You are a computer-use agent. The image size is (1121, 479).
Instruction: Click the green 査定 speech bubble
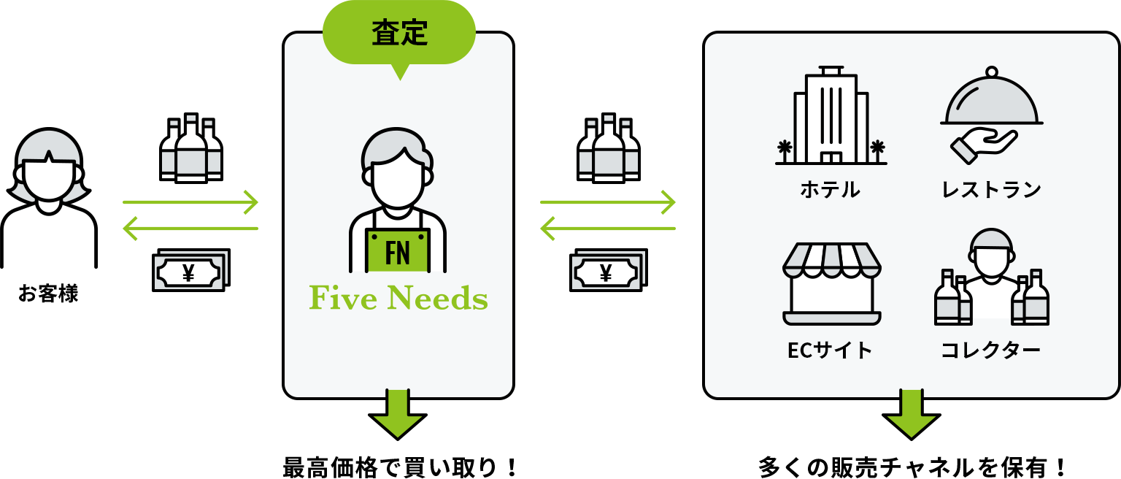pos(399,33)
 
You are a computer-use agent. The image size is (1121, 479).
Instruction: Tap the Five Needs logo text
pos(398,299)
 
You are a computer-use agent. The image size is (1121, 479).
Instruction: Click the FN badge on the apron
pos(398,253)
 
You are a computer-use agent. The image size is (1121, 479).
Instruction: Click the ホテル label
pos(831,190)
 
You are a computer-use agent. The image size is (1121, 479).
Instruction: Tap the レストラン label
pos(991,190)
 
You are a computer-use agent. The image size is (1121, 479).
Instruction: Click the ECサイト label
pos(831,350)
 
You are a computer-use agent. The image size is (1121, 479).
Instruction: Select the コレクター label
pos(990,350)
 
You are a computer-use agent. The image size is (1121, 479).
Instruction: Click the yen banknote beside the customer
pos(189,272)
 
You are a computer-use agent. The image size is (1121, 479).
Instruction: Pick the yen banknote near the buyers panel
pos(606,272)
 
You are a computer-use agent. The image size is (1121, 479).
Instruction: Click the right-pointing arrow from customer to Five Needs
pos(190,202)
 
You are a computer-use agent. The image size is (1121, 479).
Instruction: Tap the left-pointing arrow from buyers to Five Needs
pos(607,229)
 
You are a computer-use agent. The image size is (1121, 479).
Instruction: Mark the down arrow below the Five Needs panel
pos(398,414)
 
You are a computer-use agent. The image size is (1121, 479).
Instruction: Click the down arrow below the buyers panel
pos(911,414)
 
